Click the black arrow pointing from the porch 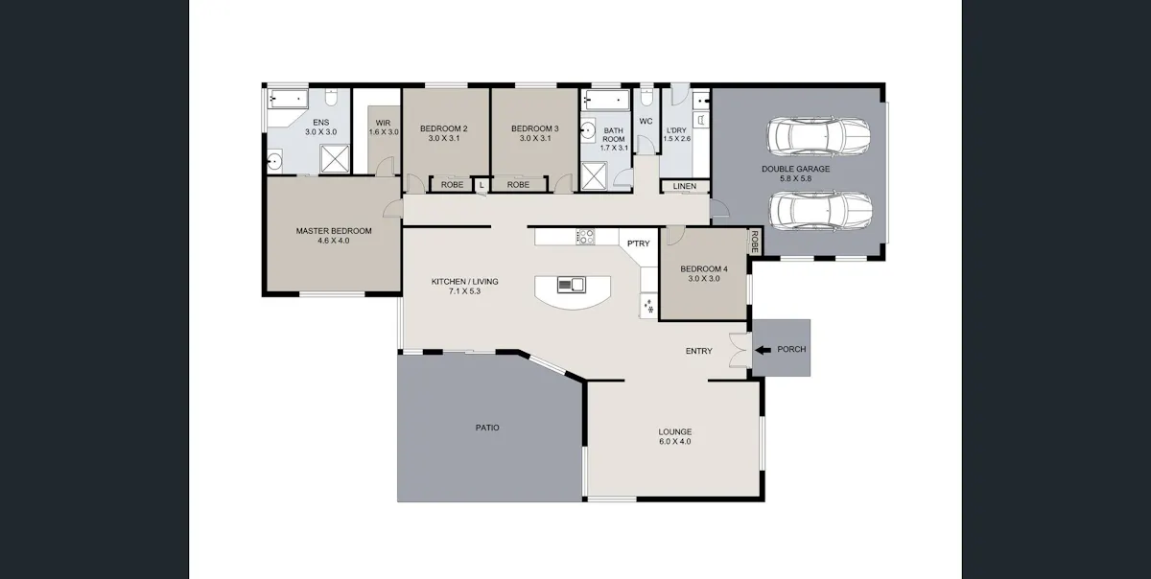tap(763, 350)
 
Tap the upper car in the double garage tap(818, 136)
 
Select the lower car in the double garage tap(820, 211)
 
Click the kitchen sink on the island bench tap(571, 284)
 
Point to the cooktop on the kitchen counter tap(585, 237)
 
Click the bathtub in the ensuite tap(288, 99)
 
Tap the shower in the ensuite tap(335, 159)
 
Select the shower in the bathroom tap(594, 176)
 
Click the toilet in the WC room tap(646, 97)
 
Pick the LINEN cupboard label tap(685, 186)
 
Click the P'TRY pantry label tap(638, 243)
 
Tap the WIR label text tap(384, 123)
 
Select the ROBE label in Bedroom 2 tap(452, 184)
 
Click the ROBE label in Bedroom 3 tap(518, 184)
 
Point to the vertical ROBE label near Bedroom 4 tap(754, 242)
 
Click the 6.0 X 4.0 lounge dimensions tap(674, 441)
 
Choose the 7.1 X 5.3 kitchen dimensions tap(464, 291)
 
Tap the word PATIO tap(487, 428)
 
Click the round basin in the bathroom tap(588, 130)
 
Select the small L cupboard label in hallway tap(482, 184)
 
